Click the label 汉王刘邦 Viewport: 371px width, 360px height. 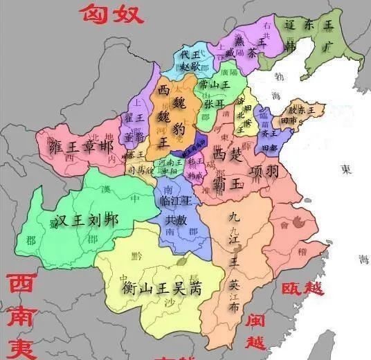(87, 221)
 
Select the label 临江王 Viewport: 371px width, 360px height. (174, 200)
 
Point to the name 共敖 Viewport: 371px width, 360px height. (176, 219)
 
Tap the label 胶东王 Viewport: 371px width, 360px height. (301, 110)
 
